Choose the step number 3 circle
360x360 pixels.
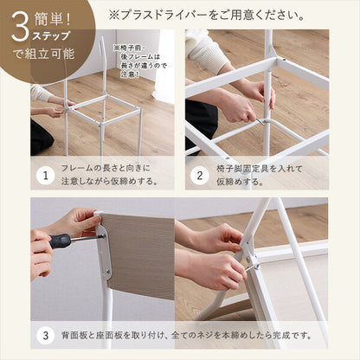45,334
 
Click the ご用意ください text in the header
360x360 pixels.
260,16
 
